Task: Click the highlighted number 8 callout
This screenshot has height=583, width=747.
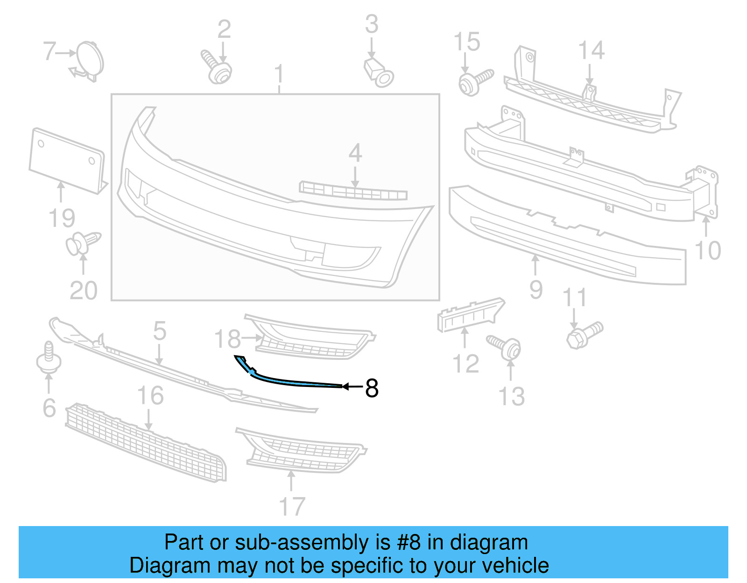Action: (x=372, y=388)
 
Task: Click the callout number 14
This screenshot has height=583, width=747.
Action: (x=591, y=50)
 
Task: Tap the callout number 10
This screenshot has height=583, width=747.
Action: (x=708, y=250)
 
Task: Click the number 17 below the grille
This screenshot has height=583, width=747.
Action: (x=292, y=506)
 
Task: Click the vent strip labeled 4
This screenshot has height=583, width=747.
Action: (x=353, y=190)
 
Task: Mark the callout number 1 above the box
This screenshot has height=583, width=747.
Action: (x=279, y=74)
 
